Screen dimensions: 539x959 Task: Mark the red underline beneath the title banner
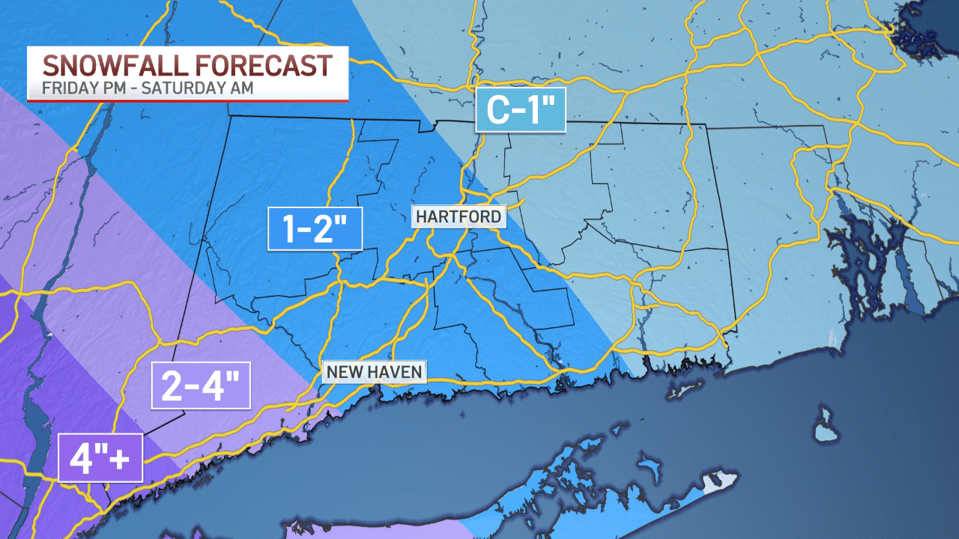pyautogui.click(x=187, y=100)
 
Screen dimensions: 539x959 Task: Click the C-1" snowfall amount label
pyautogui.click(x=521, y=111)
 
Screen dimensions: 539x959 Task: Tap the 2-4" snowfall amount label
pyautogui.click(x=200, y=386)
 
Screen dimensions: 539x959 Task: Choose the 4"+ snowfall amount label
pyautogui.click(x=100, y=457)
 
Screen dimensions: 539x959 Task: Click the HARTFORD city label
pyautogui.click(x=459, y=216)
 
